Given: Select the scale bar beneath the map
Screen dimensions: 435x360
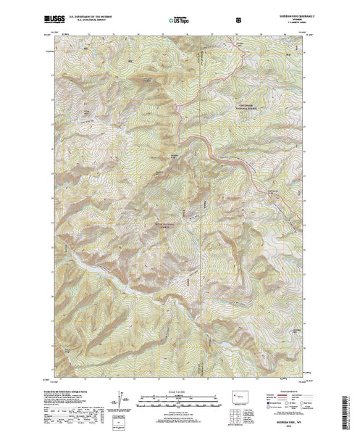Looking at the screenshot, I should [180, 397].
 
